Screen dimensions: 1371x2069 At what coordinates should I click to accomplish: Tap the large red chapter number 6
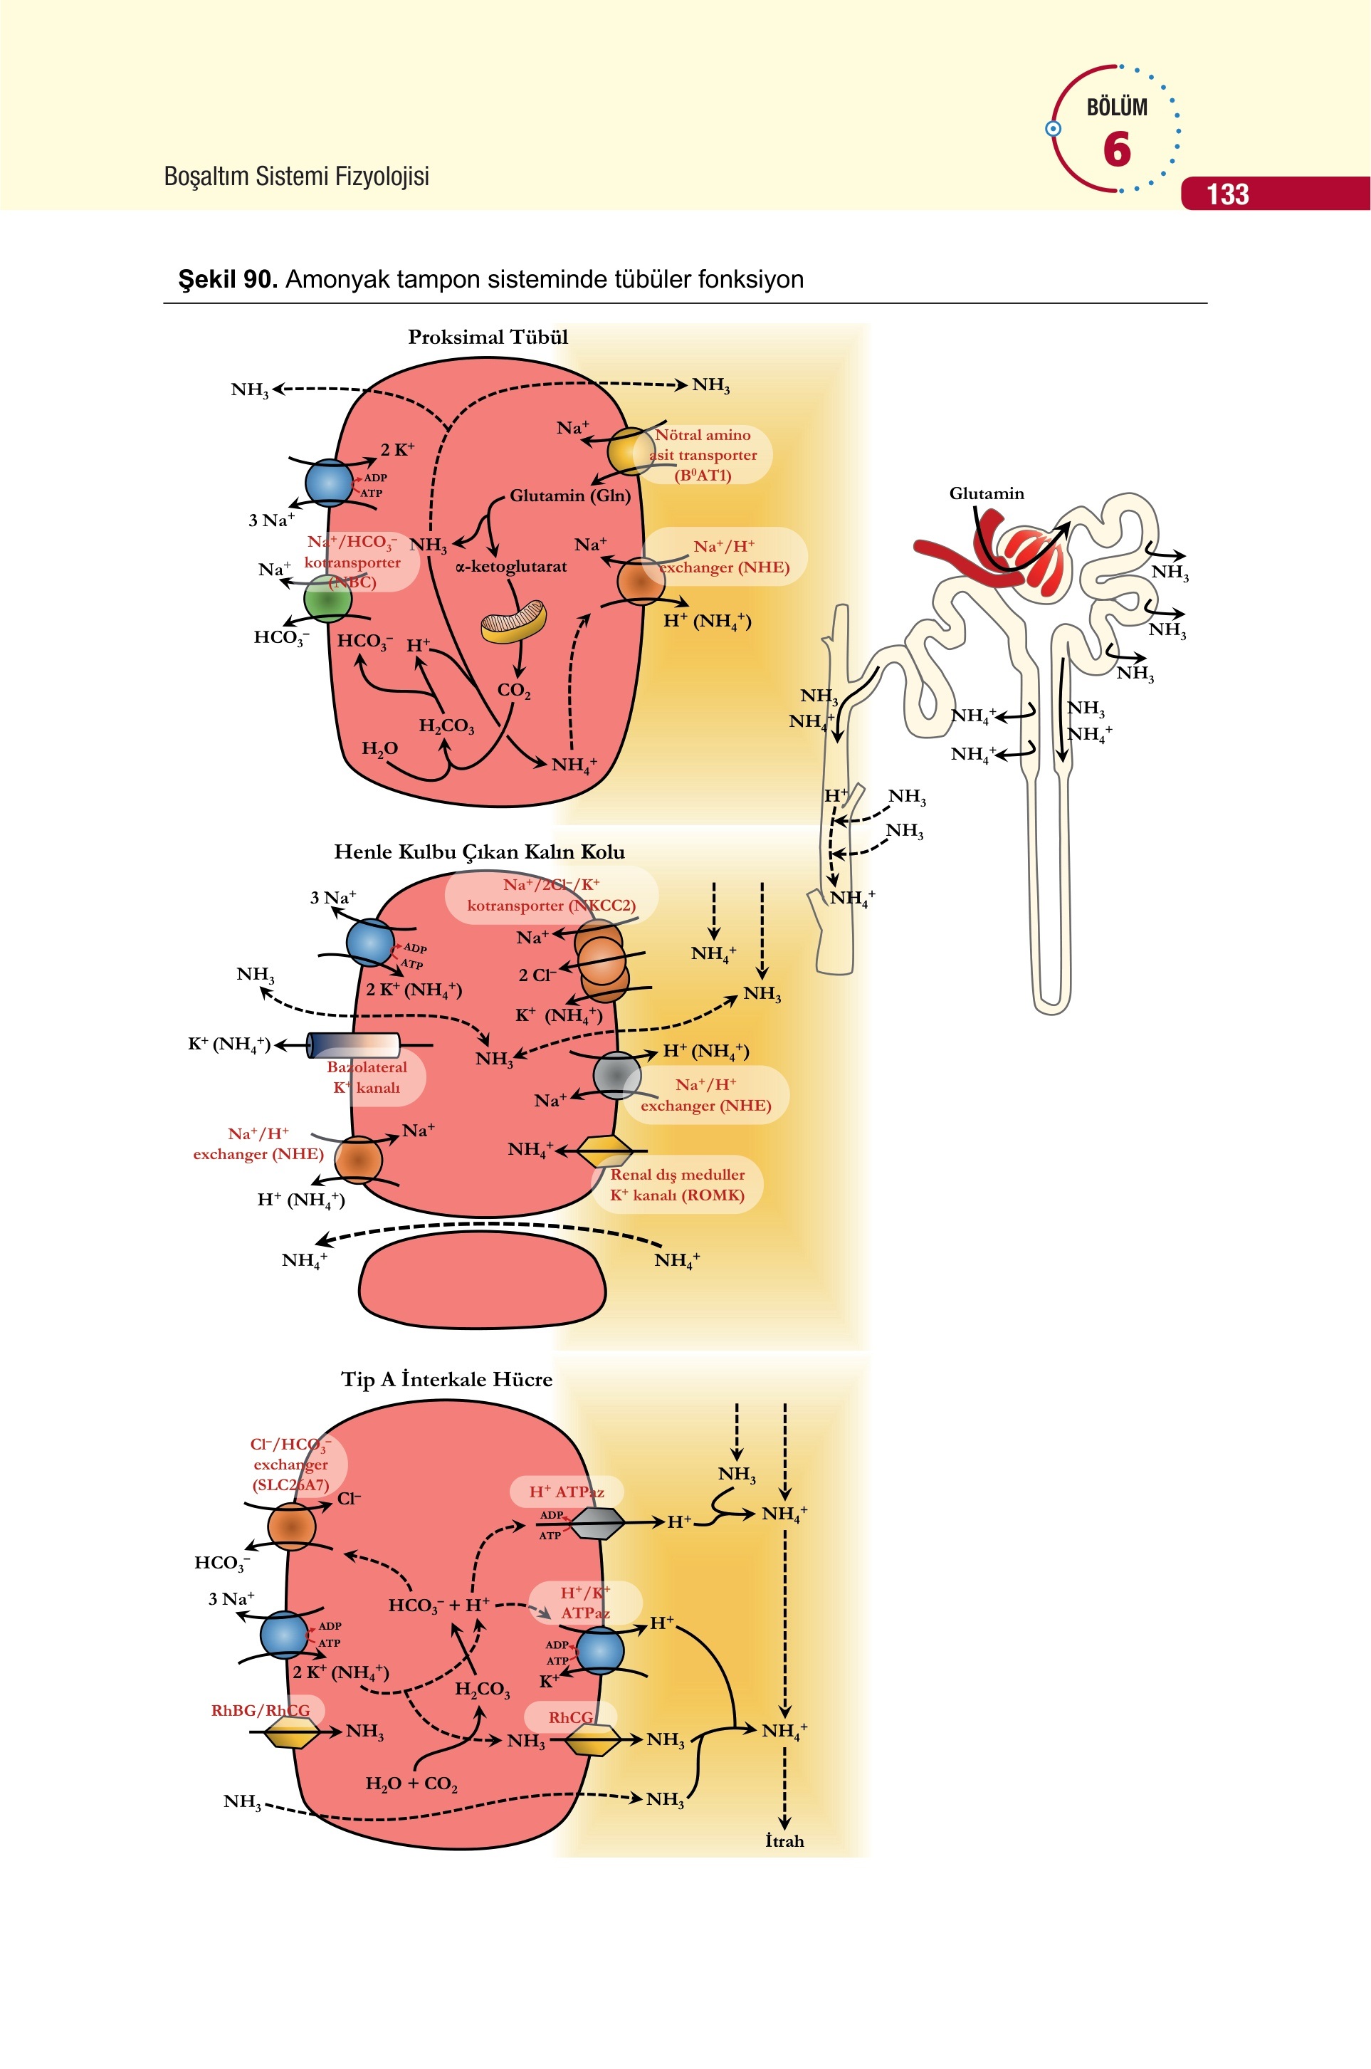click(1117, 149)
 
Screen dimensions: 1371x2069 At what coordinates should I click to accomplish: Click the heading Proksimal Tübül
click(488, 337)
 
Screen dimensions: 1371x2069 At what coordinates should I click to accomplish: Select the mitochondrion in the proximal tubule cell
click(513, 620)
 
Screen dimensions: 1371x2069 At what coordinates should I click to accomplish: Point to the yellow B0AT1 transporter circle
click(631, 451)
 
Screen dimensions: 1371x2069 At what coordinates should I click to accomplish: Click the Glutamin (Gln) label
click(570, 496)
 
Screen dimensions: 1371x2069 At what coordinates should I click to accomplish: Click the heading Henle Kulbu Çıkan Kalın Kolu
click(479, 852)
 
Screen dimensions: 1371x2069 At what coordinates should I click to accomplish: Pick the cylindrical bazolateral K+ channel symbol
click(354, 1045)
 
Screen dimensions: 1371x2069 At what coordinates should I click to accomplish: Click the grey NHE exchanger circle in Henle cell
click(617, 1074)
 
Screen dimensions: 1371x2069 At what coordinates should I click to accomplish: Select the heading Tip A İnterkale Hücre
click(447, 1379)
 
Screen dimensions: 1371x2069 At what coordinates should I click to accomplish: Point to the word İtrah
click(784, 1840)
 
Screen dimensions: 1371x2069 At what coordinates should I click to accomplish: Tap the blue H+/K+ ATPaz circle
click(601, 1650)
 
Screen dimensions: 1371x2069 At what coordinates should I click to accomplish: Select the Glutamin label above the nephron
click(987, 493)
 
